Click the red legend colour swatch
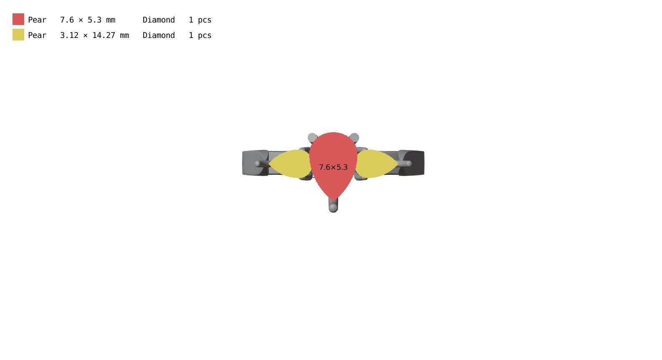tap(18, 19)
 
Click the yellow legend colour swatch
tap(18, 35)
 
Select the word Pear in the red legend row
tap(37, 20)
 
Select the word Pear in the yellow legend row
tap(37, 35)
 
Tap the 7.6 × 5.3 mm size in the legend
tap(88, 20)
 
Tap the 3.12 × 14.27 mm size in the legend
tap(94, 35)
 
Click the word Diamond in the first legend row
tap(159, 20)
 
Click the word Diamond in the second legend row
tap(159, 35)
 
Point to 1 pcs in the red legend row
tap(200, 20)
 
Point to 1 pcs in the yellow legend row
tap(200, 35)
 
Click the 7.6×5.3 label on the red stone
tap(333, 167)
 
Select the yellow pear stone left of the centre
tap(291, 164)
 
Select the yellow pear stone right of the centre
tap(376, 164)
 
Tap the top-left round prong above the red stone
tap(312, 138)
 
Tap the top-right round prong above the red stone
tap(354, 138)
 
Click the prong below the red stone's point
tap(333, 206)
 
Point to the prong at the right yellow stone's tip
tap(406, 164)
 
